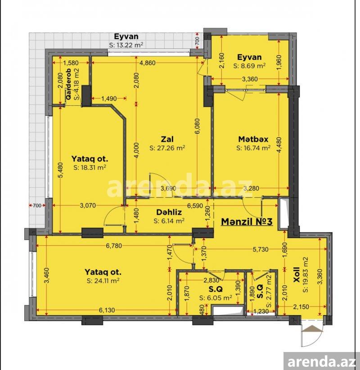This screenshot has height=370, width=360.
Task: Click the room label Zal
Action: pyautogui.click(x=167, y=139)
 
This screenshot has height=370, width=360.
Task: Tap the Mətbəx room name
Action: pyautogui.click(x=253, y=139)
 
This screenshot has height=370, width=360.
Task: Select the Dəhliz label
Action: pyautogui.click(x=169, y=212)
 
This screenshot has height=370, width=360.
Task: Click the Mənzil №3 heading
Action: pyautogui.click(x=247, y=221)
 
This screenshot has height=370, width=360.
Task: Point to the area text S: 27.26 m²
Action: pyautogui.click(x=167, y=148)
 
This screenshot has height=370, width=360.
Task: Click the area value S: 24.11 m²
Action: pyautogui.click(x=103, y=280)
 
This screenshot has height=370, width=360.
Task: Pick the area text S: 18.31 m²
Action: pyautogui.click(x=90, y=167)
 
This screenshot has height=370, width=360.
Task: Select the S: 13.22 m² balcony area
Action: pyautogui.click(x=126, y=45)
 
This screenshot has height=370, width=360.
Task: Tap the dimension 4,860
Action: pyautogui.click(x=148, y=63)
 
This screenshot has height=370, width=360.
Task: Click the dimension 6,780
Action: pyautogui.click(x=114, y=246)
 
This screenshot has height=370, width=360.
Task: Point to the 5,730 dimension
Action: pyautogui.click(x=261, y=249)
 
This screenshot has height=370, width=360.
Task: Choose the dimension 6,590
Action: pyautogui.click(x=195, y=206)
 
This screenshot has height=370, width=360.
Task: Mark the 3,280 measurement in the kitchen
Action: pyautogui.click(x=251, y=188)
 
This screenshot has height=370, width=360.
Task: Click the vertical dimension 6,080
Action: pyautogui.click(x=197, y=126)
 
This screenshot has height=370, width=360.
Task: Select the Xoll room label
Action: pyautogui.click(x=296, y=275)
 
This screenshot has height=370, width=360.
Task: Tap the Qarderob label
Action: pyautogui.click(x=69, y=84)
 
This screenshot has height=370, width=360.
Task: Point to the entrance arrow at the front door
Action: pyautogui.click(x=312, y=329)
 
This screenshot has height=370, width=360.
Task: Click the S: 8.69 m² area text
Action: pyautogui.click(x=249, y=66)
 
